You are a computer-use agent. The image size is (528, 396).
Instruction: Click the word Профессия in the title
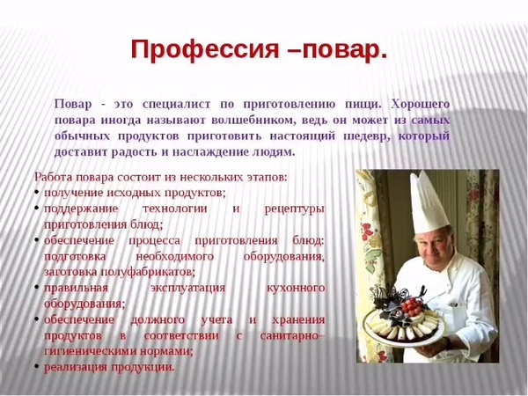click(x=205, y=50)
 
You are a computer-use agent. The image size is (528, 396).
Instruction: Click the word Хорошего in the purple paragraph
click(x=421, y=105)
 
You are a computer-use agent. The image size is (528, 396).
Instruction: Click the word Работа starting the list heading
click(x=53, y=177)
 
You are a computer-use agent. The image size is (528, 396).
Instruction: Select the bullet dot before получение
click(x=36, y=192)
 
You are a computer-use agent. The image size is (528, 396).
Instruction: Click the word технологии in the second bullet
click(x=175, y=209)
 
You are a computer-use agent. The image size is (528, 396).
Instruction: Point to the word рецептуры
click(x=295, y=209)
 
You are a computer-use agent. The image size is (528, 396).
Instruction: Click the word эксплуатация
click(x=187, y=289)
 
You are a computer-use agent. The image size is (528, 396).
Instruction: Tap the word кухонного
click(x=296, y=289)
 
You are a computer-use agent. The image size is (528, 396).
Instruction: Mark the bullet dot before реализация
click(x=36, y=367)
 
